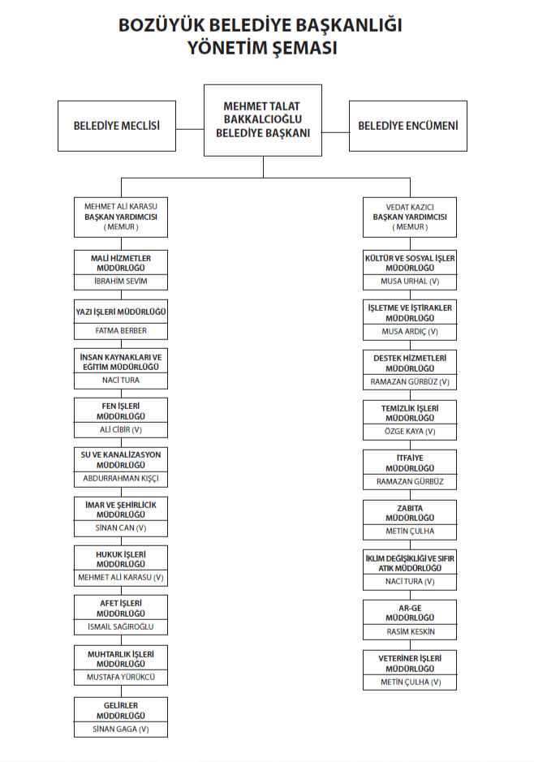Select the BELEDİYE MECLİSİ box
pos(117,126)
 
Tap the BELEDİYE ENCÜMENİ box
pos(408,126)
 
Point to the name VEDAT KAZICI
pos(410,207)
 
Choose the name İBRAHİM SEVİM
pos(121,282)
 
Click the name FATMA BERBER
pos(121,331)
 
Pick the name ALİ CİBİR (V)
pos(121,430)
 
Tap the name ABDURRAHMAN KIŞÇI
pos(121,479)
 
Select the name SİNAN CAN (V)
pos(121,528)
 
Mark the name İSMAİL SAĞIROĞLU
pos(121,627)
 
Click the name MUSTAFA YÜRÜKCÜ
pos(121,677)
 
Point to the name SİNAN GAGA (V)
pos(121,729)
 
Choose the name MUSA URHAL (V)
pos(410,282)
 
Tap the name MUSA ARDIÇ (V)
pos(410,331)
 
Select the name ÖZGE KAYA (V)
pos(410,431)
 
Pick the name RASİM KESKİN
pos(410,631)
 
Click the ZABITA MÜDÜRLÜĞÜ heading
pos(410,512)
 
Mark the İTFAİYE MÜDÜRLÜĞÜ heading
pos(410,463)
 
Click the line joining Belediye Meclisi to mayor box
pos(190,128)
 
